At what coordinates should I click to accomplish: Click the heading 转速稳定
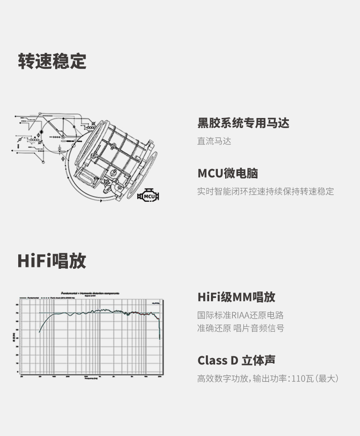pos(52,61)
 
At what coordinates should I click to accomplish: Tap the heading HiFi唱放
pos(51,261)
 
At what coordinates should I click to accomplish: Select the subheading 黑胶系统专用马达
pos(243,123)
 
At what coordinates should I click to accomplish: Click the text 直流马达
pos(214,141)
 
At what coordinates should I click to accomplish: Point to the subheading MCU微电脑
pos(228,173)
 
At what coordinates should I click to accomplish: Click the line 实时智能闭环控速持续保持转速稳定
pos(265,191)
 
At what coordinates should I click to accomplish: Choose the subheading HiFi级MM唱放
pos(236,297)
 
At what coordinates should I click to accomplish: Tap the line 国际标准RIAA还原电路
pos(240,315)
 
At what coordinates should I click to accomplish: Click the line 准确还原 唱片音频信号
pos(240,328)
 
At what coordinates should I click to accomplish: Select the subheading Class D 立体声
pos(236,360)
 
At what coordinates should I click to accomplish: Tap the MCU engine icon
pos(149,196)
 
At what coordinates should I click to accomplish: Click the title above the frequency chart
pos(91,292)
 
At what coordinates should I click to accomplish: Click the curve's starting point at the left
pos(40,331)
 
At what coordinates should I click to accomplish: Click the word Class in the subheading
pos(213,360)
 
